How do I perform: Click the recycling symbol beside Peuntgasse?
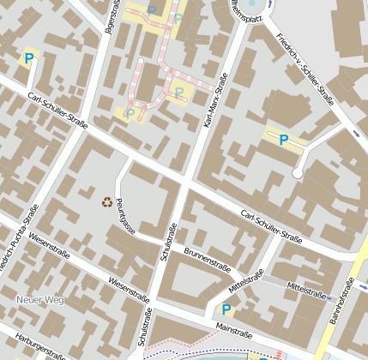click(x=107, y=202)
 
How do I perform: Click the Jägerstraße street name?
click(x=110, y=15)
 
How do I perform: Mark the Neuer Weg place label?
click(x=40, y=299)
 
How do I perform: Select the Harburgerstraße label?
click(x=35, y=345)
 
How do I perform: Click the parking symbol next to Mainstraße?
click(x=226, y=309)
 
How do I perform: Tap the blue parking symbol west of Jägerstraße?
click(x=29, y=59)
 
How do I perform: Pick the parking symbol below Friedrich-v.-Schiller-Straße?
click(x=282, y=140)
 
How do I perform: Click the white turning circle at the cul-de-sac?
click(x=298, y=173)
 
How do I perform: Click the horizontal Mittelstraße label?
click(x=308, y=291)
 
